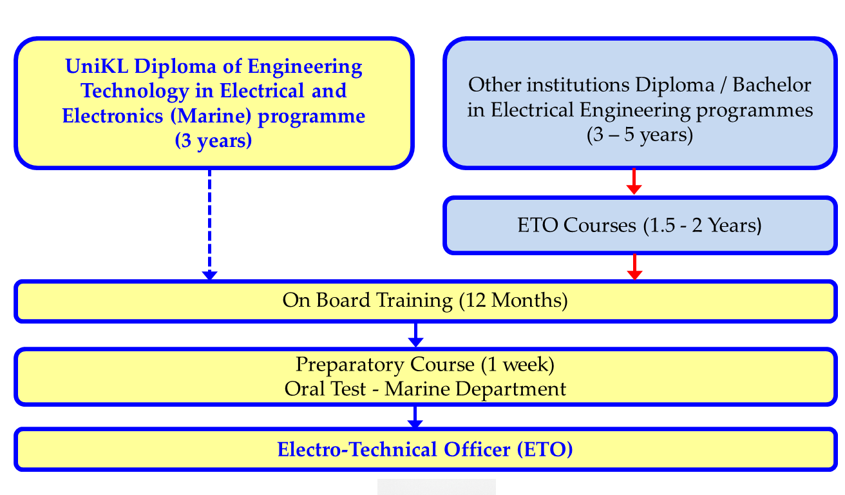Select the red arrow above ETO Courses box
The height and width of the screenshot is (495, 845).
pyautogui.click(x=634, y=182)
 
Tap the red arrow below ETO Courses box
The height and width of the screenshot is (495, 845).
pyautogui.click(x=634, y=267)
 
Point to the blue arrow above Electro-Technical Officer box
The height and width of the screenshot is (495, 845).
pyautogui.click(x=415, y=417)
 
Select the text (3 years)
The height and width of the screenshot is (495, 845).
pyautogui.click(x=213, y=141)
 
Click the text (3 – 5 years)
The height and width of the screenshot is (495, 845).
pyautogui.click(x=640, y=135)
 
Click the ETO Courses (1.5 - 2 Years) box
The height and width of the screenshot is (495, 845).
pyautogui.click(x=640, y=226)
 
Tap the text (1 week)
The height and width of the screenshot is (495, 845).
pyautogui.click(x=517, y=364)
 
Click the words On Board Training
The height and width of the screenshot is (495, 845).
pyautogui.click(x=367, y=301)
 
